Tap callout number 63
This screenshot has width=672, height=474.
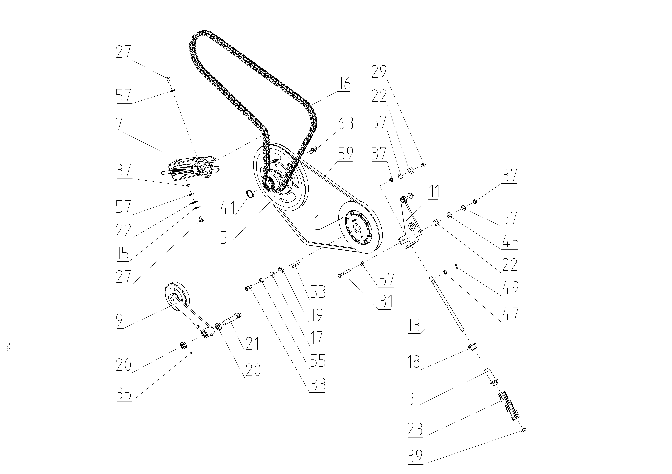tap(345, 124)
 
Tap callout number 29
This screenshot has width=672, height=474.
tap(379, 72)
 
